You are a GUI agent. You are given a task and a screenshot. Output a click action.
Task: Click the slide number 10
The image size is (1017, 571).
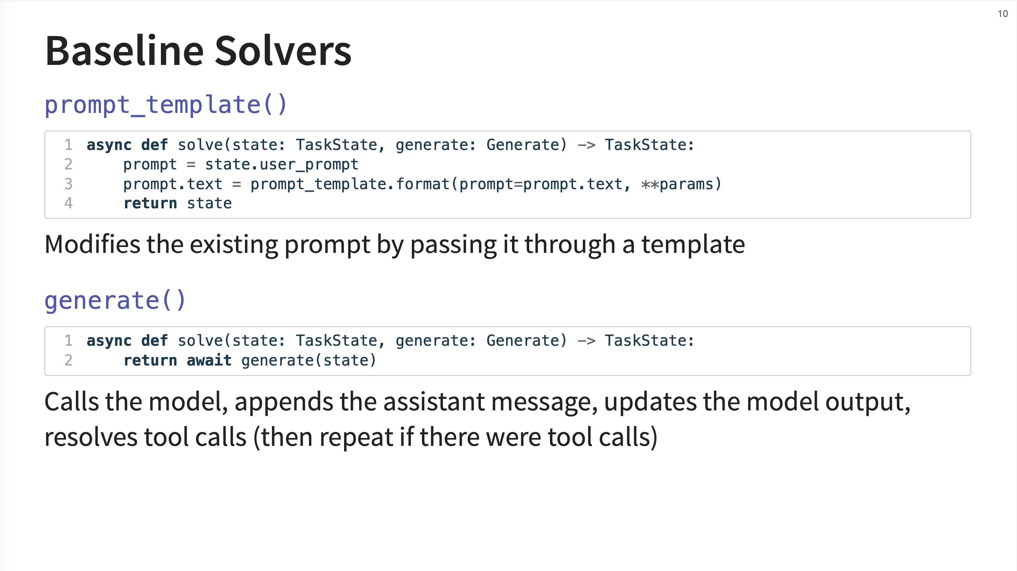pyautogui.click(x=1003, y=14)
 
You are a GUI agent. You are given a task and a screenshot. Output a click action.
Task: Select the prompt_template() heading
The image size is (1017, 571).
pyautogui.click(x=166, y=105)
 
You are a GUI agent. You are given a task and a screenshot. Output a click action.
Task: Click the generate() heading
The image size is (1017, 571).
pyautogui.click(x=115, y=301)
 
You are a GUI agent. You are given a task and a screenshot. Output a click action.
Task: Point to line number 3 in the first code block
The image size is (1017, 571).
pyautogui.click(x=68, y=184)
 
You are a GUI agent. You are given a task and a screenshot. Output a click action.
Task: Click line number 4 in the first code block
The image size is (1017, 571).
pyautogui.click(x=68, y=203)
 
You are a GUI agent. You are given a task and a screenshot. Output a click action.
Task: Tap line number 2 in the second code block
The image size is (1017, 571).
pyautogui.click(x=68, y=360)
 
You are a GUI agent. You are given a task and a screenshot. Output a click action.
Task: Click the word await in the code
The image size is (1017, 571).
pyautogui.click(x=209, y=360)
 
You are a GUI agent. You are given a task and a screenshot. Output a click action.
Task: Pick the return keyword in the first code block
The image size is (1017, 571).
pyautogui.click(x=150, y=203)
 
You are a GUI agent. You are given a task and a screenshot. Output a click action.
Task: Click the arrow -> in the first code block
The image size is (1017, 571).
pyautogui.click(x=586, y=145)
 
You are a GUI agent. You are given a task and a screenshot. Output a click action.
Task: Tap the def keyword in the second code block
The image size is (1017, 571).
pyautogui.click(x=154, y=340)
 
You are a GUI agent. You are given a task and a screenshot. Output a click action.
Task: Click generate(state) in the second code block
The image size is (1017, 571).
pyautogui.click(x=309, y=360)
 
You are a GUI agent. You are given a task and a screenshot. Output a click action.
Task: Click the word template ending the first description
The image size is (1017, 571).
pyautogui.click(x=693, y=245)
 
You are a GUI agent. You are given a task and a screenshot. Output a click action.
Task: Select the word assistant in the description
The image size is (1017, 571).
pyautogui.click(x=434, y=402)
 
